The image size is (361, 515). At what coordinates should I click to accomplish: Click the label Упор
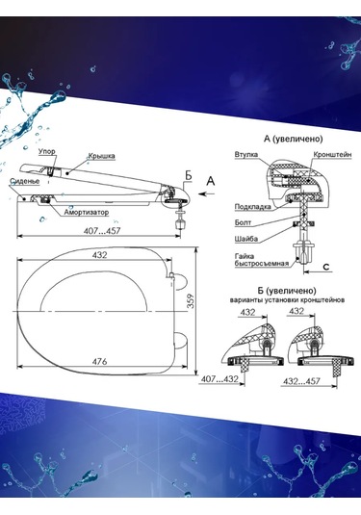[x=46, y=151]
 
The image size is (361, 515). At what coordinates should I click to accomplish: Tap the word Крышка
[x=101, y=156]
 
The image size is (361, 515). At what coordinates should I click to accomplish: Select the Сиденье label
[x=25, y=181]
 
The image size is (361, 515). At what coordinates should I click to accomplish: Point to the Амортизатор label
[x=86, y=212]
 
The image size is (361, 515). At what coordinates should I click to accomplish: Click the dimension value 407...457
[x=102, y=231]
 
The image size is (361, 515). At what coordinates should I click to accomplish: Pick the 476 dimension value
[x=99, y=361]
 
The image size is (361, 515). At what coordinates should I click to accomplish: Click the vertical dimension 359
[x=191, y=301]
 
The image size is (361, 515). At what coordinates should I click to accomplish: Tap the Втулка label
[x=246, y=154]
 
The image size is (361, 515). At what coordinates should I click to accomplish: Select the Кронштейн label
[x=332, y=154]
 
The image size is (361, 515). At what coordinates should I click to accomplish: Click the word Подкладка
[x=252, y=207]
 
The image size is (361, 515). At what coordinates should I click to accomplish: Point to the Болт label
[x=243, y=222]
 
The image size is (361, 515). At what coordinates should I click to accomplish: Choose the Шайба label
[x=246, y=239]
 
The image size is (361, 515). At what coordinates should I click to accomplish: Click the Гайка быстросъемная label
[x=262, y=260]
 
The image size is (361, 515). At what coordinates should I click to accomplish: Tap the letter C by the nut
[x=325, y=267]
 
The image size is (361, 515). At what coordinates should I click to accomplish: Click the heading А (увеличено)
[x=294, y=139]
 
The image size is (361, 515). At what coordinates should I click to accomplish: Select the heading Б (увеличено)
[x=287, y=291]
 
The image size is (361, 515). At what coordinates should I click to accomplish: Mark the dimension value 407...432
[x=219, y=378]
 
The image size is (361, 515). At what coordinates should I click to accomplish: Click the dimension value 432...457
[x=301, y=381]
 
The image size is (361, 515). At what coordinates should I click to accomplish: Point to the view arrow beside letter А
[x=207, y=193]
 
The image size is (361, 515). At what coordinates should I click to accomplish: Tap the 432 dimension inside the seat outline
[x=99, y=255]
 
